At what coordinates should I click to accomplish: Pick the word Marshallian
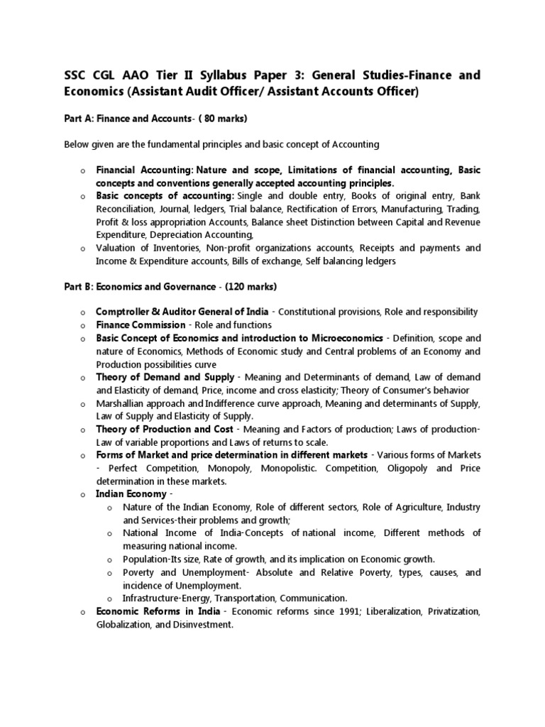point(126,403)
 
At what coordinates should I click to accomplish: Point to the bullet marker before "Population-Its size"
point(109,559)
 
